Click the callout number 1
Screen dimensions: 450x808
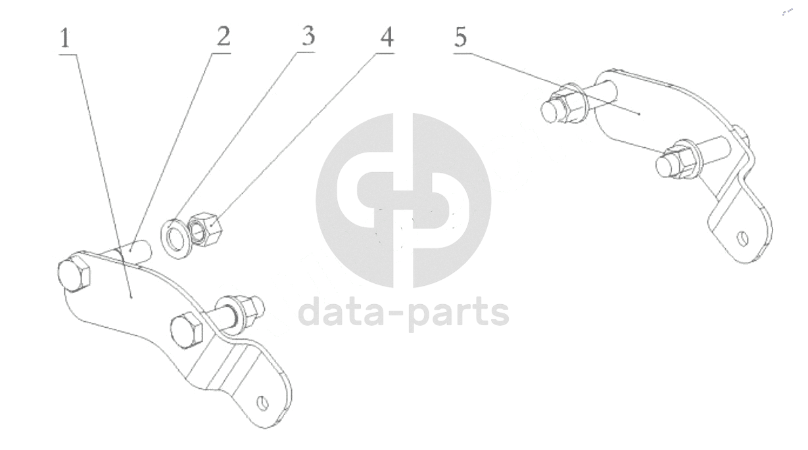[x=64, y=39]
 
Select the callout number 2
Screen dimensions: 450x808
[x=224, y=37]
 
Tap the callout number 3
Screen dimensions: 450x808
[x=308, y=36]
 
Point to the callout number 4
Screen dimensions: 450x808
[x=387, y=37]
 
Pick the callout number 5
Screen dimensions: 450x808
[x=460, y=37]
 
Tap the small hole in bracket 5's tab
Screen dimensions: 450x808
[x=742, y=237]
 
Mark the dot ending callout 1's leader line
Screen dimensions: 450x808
[x=131, y=297]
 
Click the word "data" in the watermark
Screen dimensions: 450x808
[x=341, y=313]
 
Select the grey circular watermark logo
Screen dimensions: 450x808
[x=403, y=200]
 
